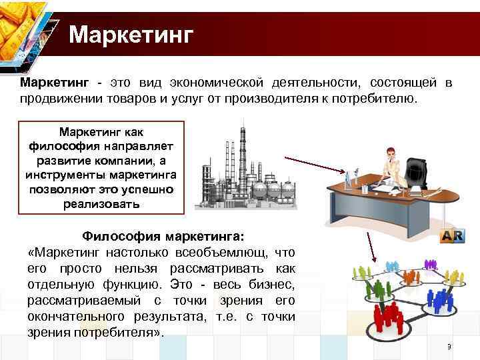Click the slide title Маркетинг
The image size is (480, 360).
[x=131, y=34]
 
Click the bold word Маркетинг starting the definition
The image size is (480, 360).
[x=54, y=83]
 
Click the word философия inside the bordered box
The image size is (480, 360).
[x=63, y=145]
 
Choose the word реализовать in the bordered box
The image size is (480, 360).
[x=101, y=204]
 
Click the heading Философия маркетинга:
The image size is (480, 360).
[x=163, y=236]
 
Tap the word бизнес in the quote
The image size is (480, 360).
[x=273, y=285]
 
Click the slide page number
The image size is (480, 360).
[x=449, y=347]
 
